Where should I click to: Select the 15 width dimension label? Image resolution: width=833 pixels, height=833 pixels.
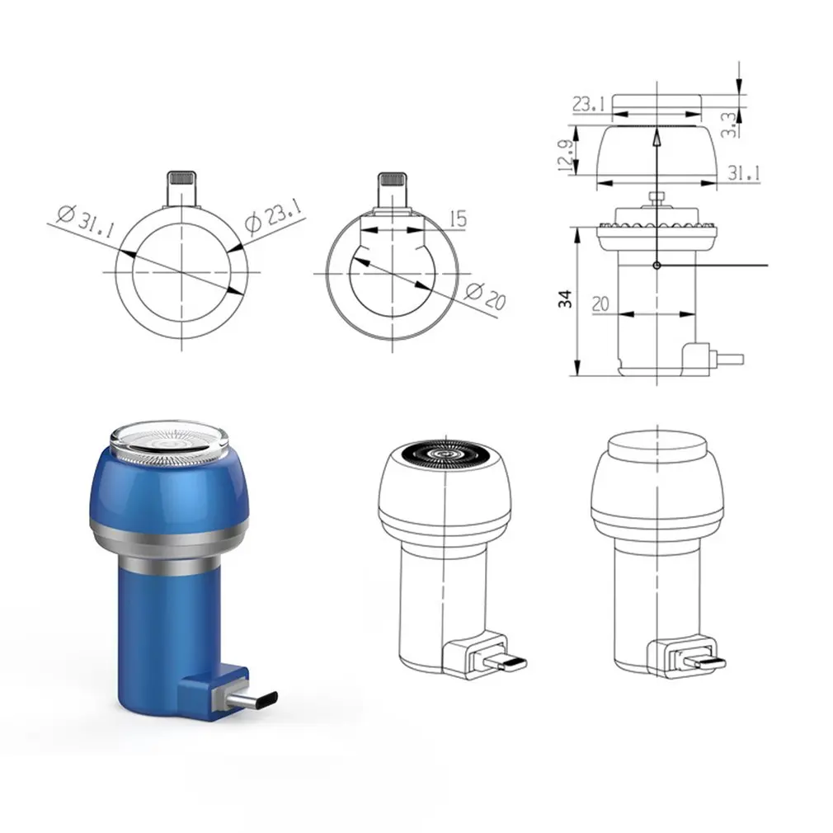458,219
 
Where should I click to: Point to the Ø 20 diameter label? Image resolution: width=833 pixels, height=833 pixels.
485,296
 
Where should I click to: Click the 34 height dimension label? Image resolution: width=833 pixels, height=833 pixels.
565,299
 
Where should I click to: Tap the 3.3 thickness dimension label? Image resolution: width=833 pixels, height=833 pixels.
729,125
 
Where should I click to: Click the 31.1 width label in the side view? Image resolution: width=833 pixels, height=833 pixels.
743,172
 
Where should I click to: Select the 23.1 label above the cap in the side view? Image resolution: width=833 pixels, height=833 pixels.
589,104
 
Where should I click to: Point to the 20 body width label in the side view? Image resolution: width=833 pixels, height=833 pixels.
600,304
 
